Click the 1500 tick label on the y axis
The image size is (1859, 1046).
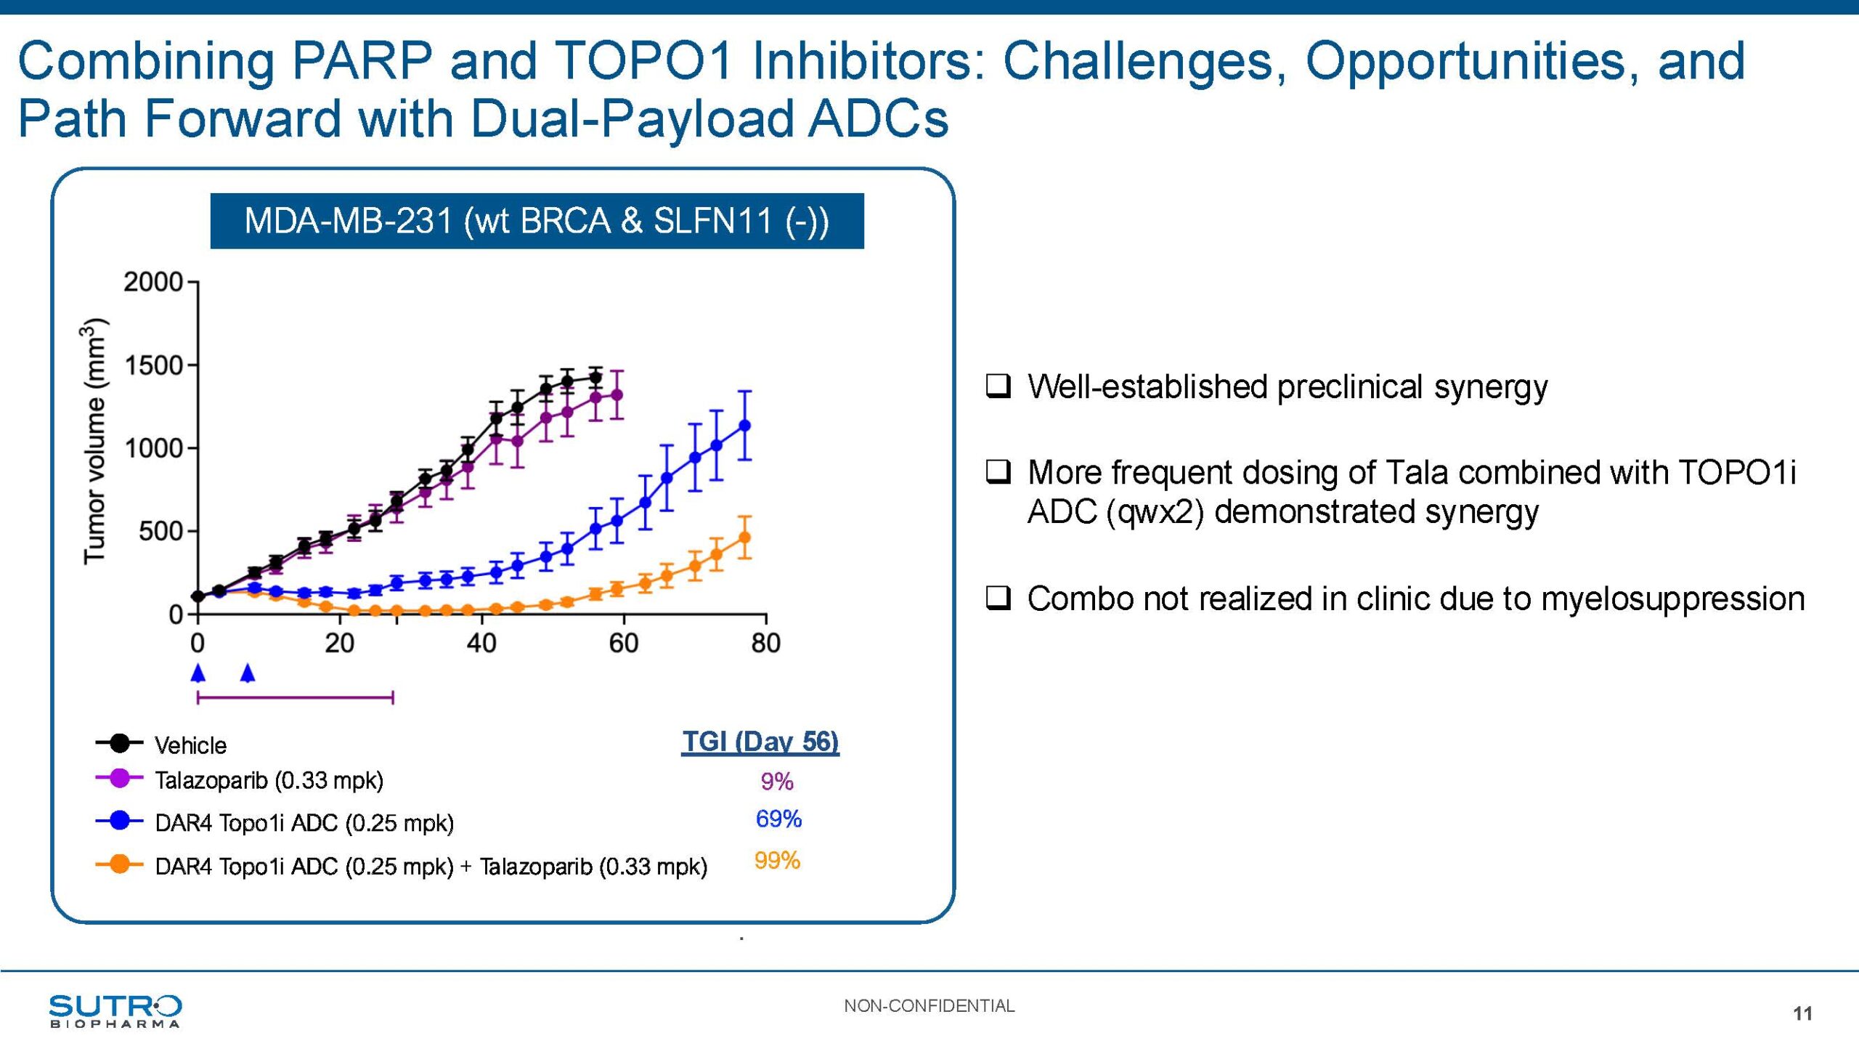(153, 365)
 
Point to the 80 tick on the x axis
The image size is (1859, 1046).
(766, 644)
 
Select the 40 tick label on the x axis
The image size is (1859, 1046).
(481, 644)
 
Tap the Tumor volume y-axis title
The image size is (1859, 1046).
(95, 441)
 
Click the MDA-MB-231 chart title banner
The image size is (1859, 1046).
(537, 221)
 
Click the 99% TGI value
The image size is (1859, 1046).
(777, 861)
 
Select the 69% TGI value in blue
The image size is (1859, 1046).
(778, 819)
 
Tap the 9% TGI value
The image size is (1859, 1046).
(777, 782)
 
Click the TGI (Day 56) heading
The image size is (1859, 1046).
(760, 742)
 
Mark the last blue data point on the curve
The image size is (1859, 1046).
(744, 426)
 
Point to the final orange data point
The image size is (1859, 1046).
(744, 538)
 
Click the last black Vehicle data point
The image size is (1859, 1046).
(595, 378)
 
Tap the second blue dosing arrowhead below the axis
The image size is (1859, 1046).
(248, 673)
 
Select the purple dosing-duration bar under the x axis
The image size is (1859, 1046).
(295, 698)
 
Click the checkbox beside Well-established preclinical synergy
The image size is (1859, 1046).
(998, 386)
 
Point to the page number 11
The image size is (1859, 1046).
(1802, 1014)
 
